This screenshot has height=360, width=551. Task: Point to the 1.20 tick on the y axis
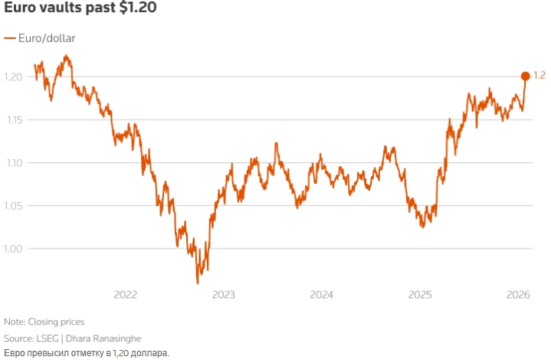tap(15, 77)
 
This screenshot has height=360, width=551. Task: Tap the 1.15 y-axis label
tap(15, 119)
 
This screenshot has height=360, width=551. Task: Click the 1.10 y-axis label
tap(15, 162)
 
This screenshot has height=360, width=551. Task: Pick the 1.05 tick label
tap(15, 205)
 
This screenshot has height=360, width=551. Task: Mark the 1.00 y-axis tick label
tap(15, 248)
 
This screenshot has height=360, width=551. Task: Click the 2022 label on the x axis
tap(125, 295)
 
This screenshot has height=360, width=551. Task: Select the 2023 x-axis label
tap(223, 295)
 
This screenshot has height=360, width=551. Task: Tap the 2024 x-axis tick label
tap(322, 295)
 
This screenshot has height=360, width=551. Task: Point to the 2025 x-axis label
tap(421, 295)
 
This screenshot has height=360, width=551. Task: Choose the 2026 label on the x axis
tap(519, 295)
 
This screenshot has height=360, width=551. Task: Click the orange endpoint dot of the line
tap(525, 76)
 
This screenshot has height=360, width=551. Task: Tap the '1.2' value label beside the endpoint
tap(539, 76)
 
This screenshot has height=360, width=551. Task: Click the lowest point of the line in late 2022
tap(198, 283)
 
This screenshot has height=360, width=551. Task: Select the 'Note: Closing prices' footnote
tap(44, 322)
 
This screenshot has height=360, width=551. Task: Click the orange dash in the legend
tap(9, 38)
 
